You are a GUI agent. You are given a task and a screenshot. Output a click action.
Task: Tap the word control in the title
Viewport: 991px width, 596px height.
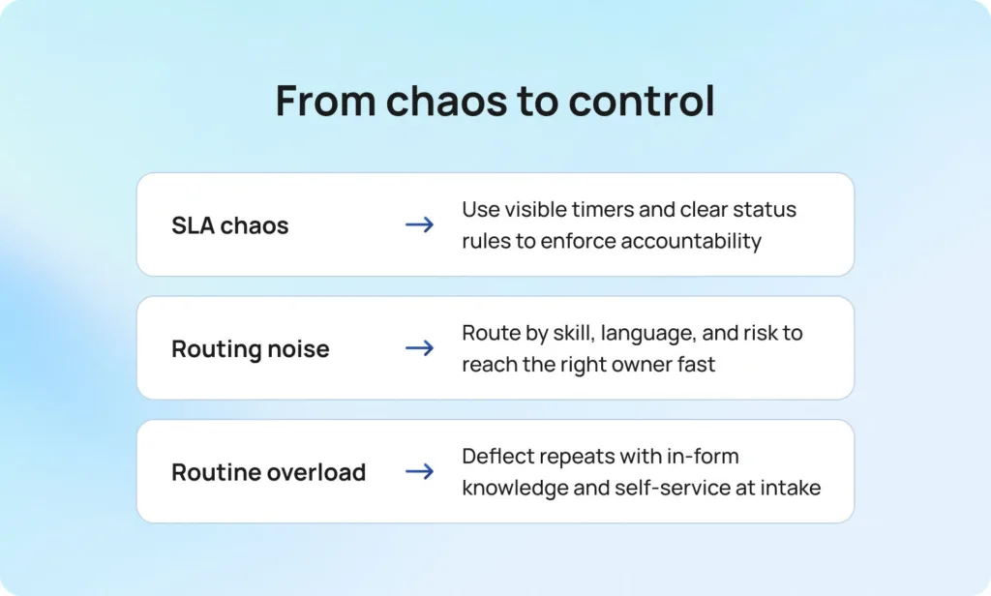pos(642,101)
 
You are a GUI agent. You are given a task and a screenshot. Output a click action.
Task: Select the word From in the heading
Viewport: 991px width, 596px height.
pos(326,102)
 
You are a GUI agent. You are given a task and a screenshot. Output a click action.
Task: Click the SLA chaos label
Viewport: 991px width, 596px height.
pos(230,225)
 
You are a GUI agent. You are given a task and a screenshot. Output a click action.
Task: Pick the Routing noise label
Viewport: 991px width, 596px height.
pos(251,349)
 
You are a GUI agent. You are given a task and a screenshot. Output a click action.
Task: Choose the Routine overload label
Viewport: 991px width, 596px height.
pos(269,472)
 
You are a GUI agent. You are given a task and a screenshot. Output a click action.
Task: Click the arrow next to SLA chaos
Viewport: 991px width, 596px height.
pos(420,225)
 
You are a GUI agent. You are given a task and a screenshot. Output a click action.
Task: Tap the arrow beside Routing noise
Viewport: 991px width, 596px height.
pos(420,348)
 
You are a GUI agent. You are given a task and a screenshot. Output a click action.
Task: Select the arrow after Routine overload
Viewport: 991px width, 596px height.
pos(420,471)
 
